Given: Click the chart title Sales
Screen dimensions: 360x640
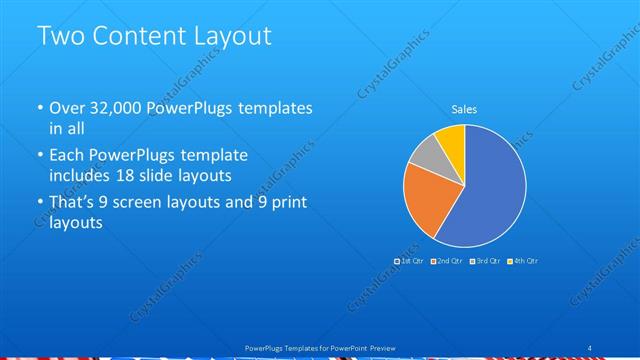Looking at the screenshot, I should [464, 109].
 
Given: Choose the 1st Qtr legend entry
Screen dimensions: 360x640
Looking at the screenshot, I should [411, 260].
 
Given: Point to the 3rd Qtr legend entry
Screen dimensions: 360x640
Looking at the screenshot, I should [487, 260].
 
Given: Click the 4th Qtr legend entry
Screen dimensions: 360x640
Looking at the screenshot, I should [523, 260].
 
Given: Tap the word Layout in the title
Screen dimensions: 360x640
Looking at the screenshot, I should [233, 36].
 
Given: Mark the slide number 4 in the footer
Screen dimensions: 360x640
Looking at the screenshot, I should [589, 347].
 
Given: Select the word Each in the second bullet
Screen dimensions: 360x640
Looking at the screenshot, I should [67, 156].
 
